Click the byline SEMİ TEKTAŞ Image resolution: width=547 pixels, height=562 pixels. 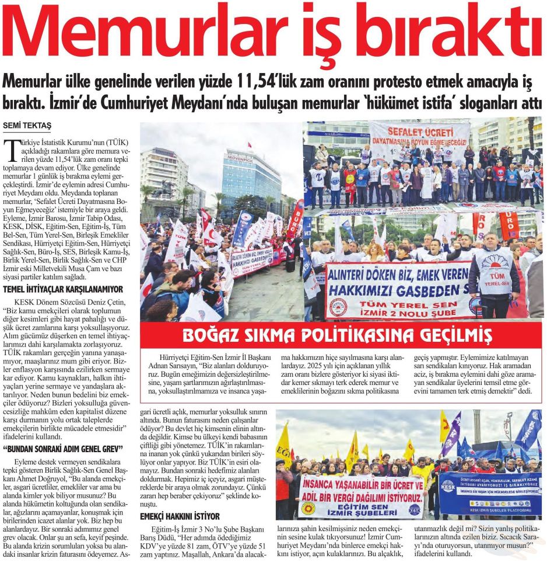[x=27, y=126]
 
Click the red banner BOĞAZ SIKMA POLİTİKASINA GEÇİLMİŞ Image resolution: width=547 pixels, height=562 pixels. [x=336, y=335]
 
